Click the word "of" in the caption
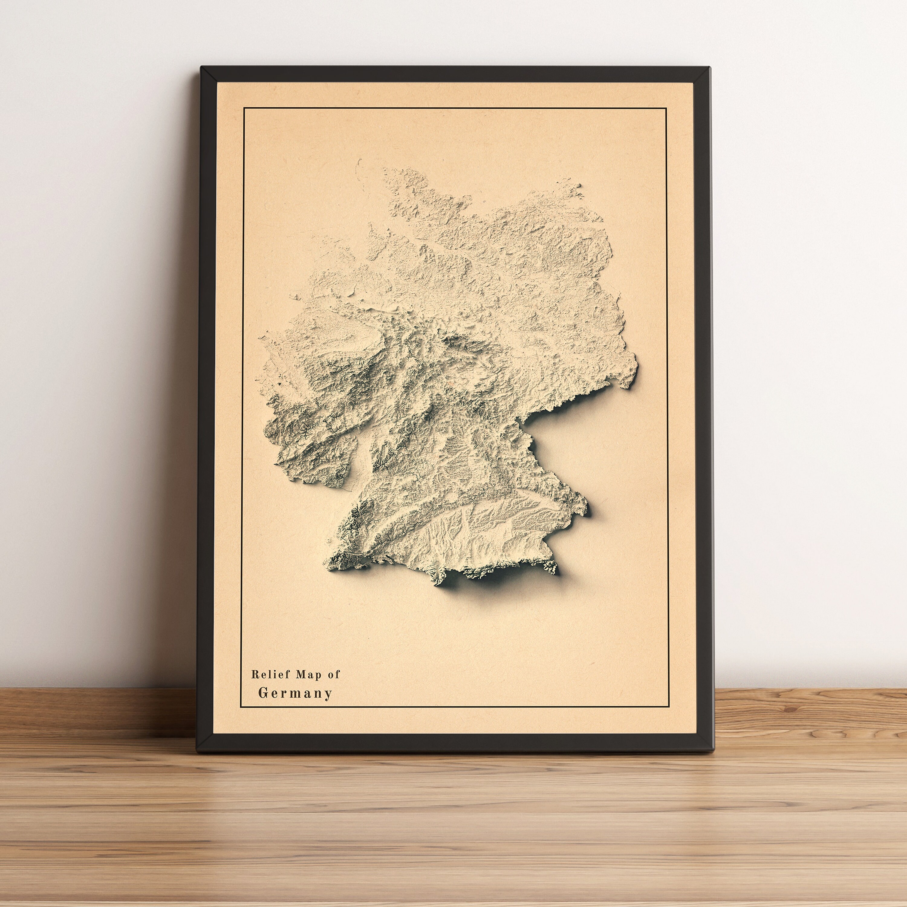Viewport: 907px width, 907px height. (333, 675)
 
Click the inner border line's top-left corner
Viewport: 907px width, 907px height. (244, 108)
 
